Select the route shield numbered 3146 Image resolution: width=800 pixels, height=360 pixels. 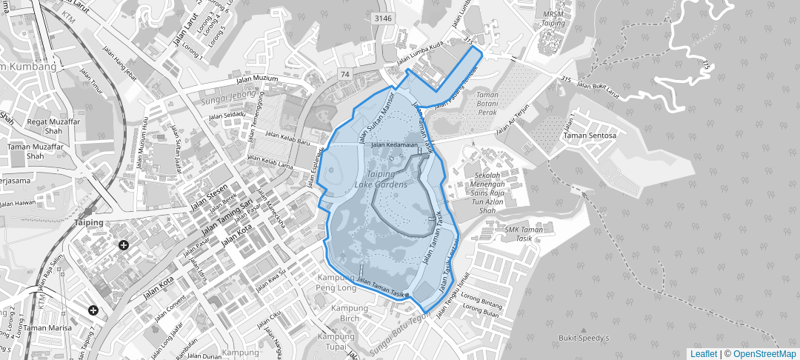383,18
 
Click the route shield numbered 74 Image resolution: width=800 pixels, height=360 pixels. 345,75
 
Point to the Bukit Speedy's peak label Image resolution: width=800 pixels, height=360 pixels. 584,339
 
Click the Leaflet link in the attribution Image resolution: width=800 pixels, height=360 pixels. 704,354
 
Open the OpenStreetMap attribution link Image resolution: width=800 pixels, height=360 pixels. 764,354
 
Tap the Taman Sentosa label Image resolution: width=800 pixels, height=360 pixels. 590,136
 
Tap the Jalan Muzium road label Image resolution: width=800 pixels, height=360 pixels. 257,79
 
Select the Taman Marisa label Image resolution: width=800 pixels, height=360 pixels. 46,327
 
